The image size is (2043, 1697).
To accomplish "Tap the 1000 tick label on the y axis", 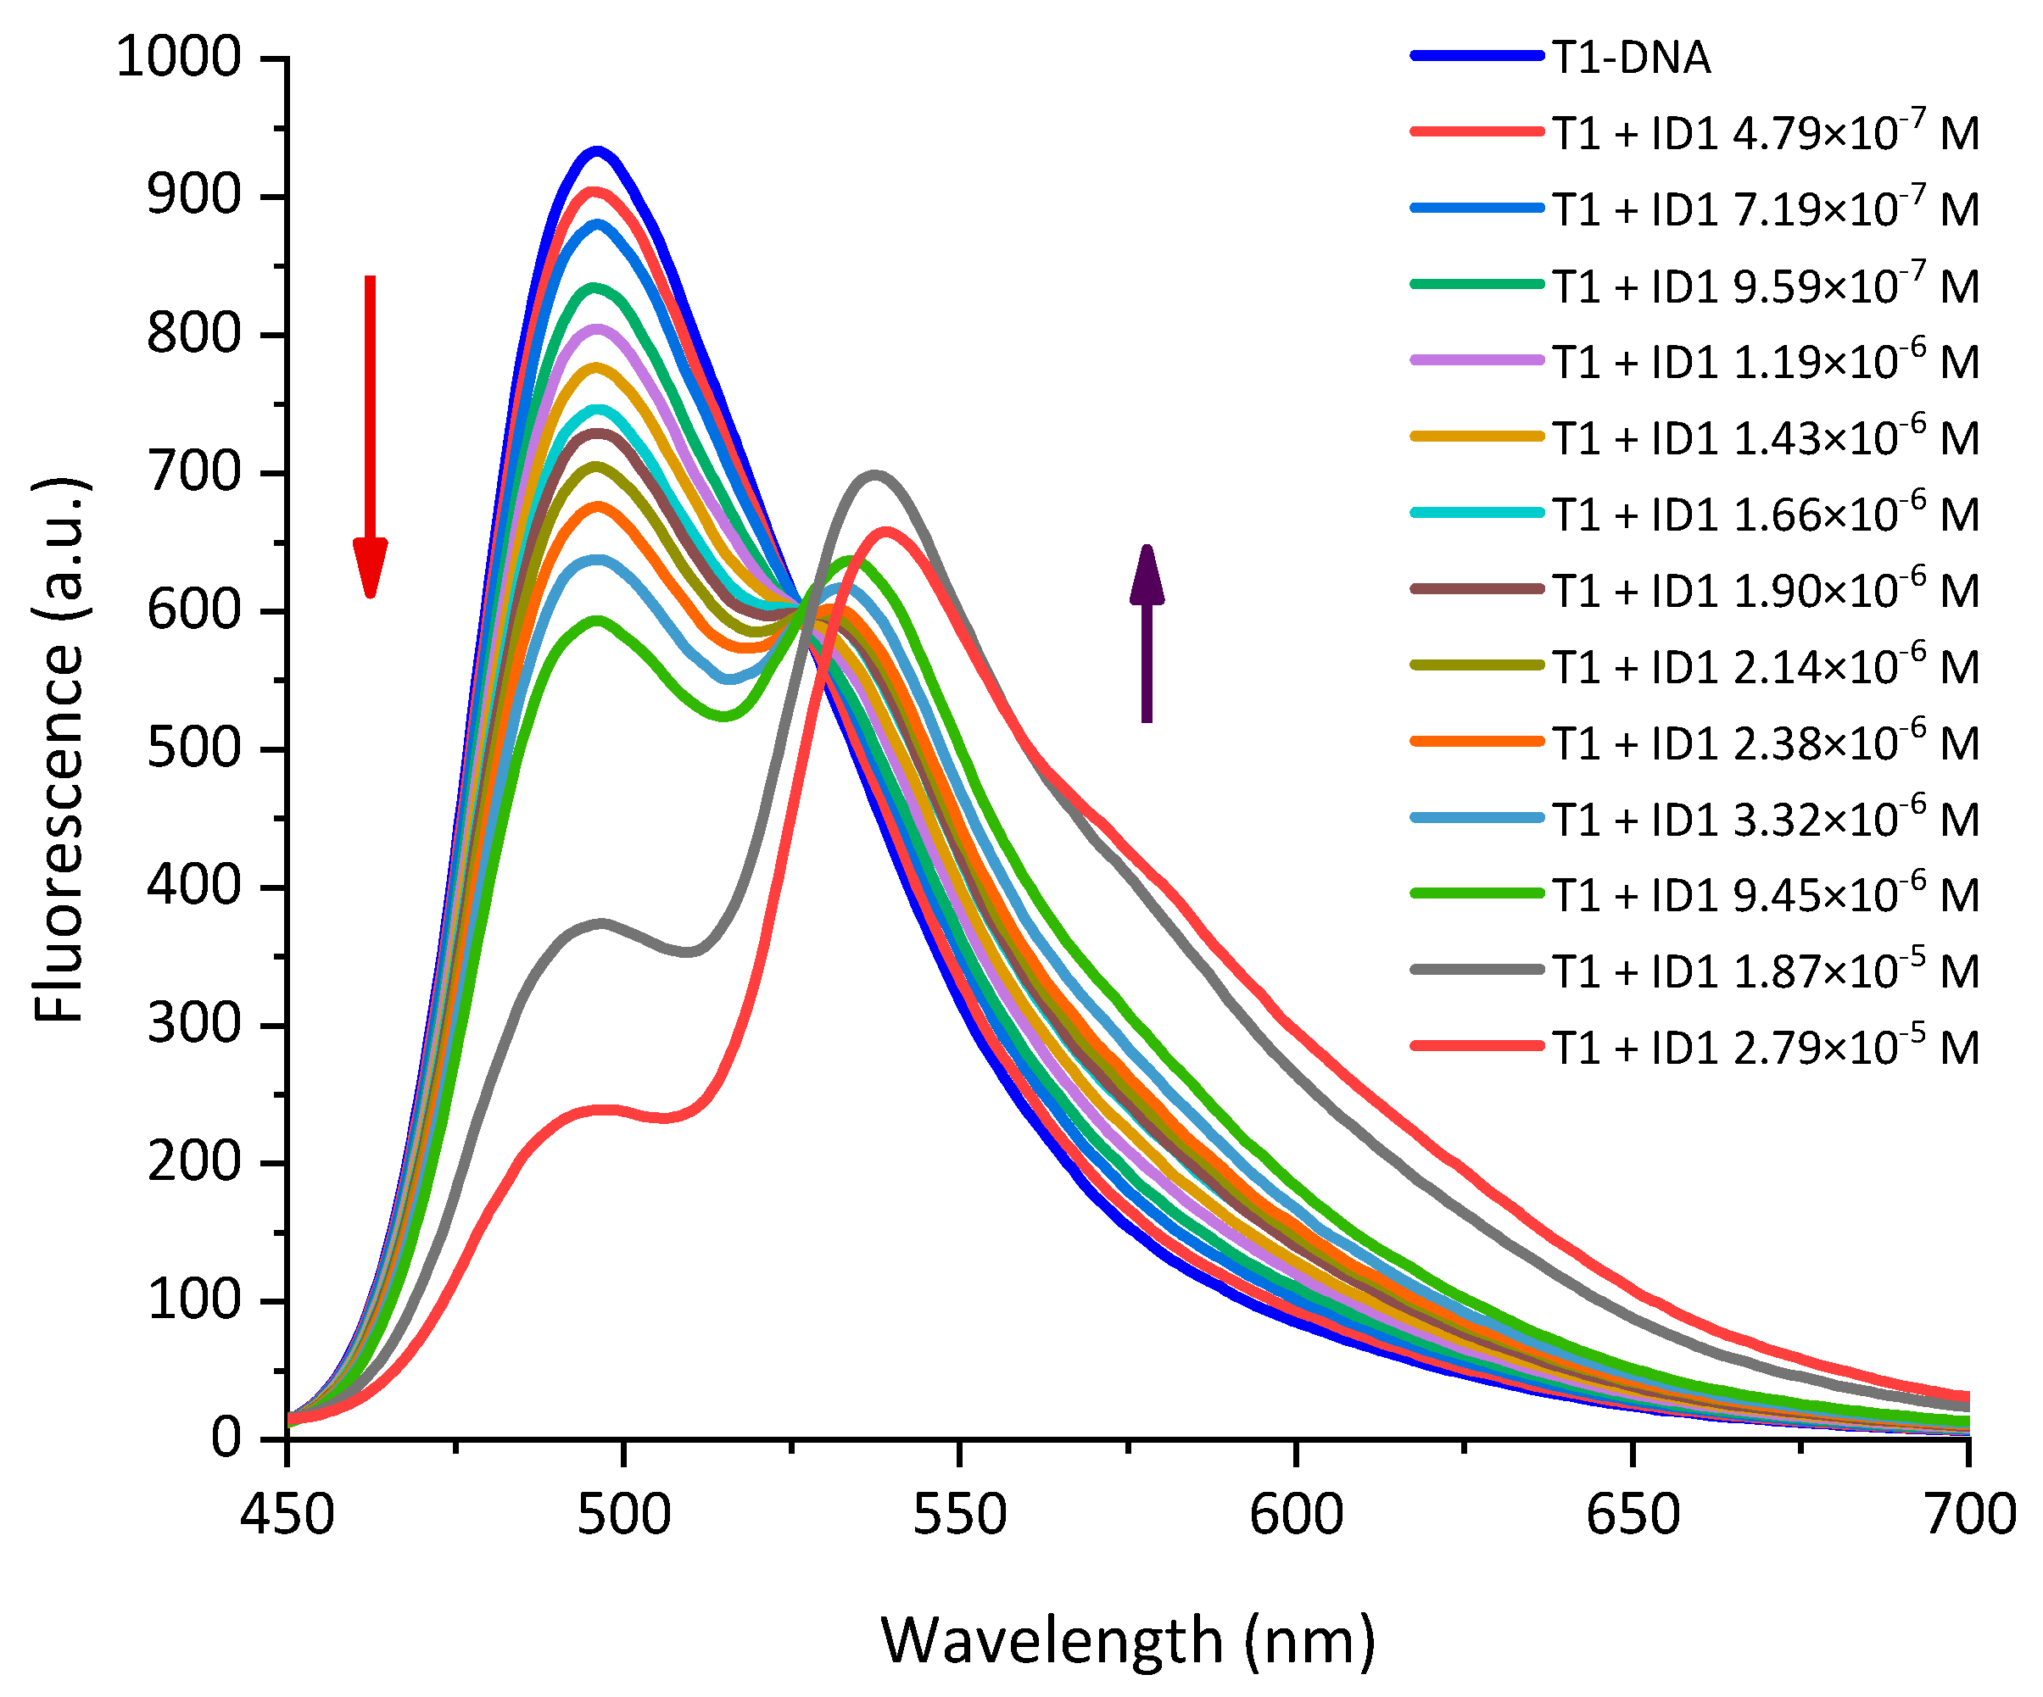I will coord(178,58).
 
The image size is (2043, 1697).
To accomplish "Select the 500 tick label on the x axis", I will coord(622,1514).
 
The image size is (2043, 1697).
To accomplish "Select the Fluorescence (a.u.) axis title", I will coord(59,748).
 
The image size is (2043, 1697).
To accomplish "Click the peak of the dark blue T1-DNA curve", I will coord(596,151).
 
